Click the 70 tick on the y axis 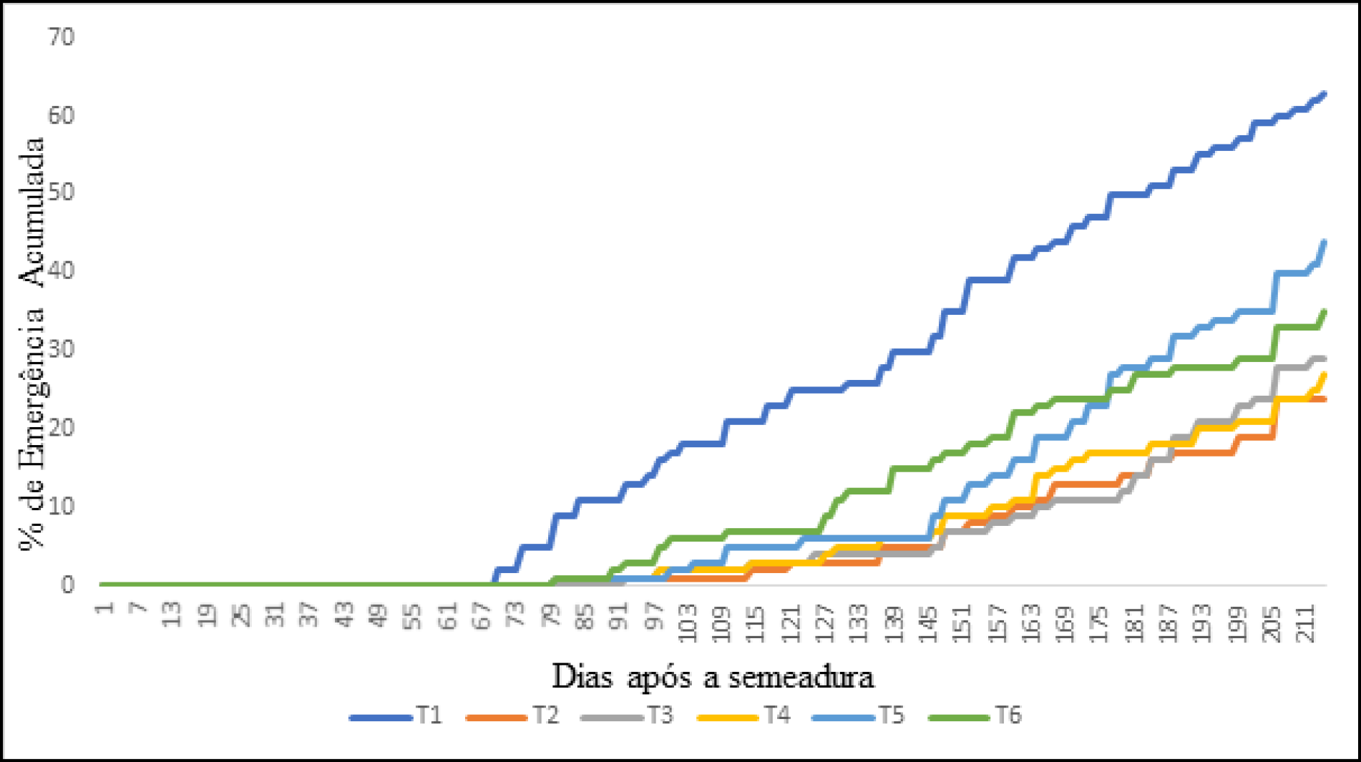pyautogui.click(x=62, y=36)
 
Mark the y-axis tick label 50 pyautogui.click(x=62, y=192)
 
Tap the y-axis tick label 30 pyautogui.click(x=62, y=349)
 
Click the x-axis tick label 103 pyautogui.click(x=688, y=622)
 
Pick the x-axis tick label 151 pyautogui.click(x=962, y=622)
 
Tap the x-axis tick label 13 pyautogui.click(x=172, y=615)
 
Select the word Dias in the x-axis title pyautogui.click(x=582, y=677)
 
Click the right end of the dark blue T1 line pyautogui.click(x=1325, y=94)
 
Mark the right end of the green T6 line pyautogui.click(x=1325, y=311)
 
